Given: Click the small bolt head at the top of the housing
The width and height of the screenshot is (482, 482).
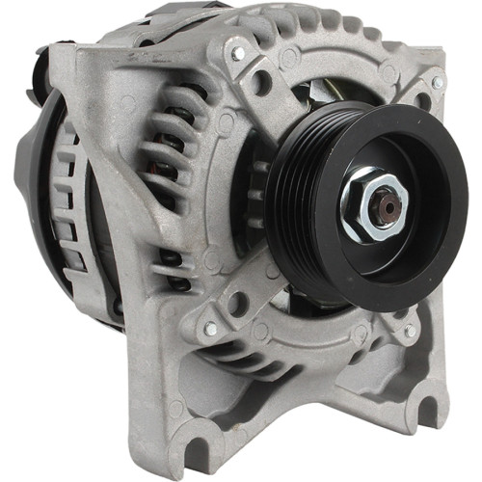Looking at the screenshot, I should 237,54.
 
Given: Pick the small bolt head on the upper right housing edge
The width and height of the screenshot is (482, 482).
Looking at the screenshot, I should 437,84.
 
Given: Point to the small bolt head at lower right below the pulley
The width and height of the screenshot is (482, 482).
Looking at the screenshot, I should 409,331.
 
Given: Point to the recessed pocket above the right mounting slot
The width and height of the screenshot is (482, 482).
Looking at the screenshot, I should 395,386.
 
